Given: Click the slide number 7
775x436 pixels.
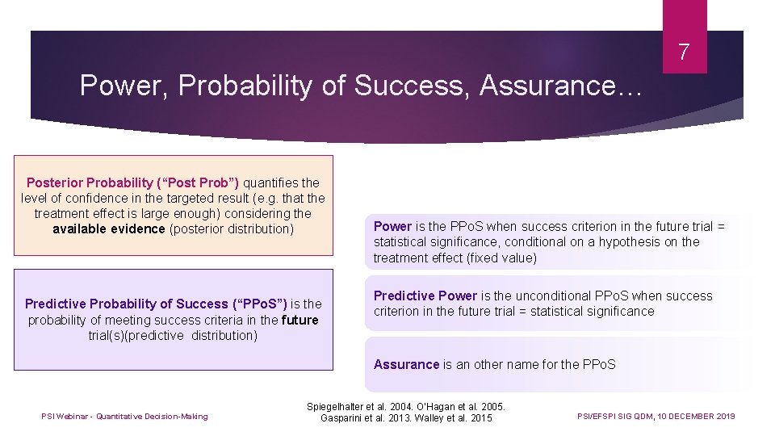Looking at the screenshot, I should [x=684, y=53].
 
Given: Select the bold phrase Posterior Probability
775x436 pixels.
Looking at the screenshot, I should [x=89, y=182].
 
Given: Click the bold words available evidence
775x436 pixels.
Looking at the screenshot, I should [x=110, y=228].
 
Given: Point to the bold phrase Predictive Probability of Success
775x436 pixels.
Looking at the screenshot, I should [x=127, y=304].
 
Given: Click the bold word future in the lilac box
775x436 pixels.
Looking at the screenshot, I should [x=300, y=320].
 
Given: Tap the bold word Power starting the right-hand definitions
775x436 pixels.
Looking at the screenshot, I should [x=392, y=226].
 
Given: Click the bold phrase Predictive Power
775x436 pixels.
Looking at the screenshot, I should [x=425, y=296].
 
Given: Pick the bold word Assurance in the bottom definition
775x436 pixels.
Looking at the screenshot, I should [x=406, y=364].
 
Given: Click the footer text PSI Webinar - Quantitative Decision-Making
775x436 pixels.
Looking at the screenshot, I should [x=124, y=417].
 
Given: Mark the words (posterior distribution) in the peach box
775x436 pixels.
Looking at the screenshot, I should [x=232, y=228].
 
